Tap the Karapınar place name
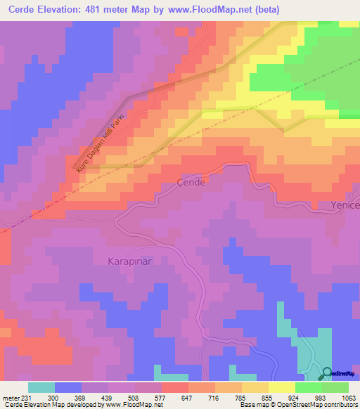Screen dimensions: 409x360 [129, 261]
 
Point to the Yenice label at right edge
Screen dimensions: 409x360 [345, 204]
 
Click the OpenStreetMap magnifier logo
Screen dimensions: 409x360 [327, 374]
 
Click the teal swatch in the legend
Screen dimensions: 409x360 [41, 387]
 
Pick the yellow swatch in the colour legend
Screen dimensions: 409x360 [282, 387]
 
